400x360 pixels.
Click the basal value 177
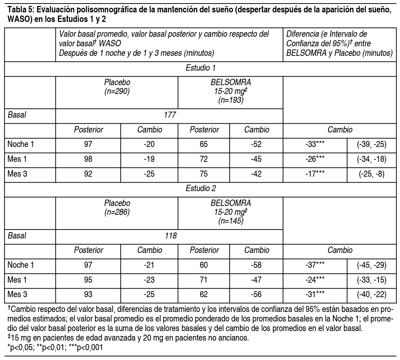coord(170,115)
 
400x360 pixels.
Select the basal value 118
coord(170,235)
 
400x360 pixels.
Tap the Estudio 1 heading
coord(200,68)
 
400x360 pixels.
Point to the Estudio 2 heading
coord(200,188)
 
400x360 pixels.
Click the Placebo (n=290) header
coord(117,86)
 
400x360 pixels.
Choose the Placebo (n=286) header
coord(117,207)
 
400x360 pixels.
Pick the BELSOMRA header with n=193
coord(231,91)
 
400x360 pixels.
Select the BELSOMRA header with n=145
coord(231,212)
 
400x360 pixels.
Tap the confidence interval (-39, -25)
coord(372,144)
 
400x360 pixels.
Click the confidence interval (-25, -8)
coord(372,174)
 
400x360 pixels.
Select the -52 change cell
coord(256,144)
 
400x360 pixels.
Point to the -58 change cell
coord(256,265)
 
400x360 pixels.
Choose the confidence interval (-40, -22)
coord(372,294)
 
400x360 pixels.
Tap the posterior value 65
coord(204,144)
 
